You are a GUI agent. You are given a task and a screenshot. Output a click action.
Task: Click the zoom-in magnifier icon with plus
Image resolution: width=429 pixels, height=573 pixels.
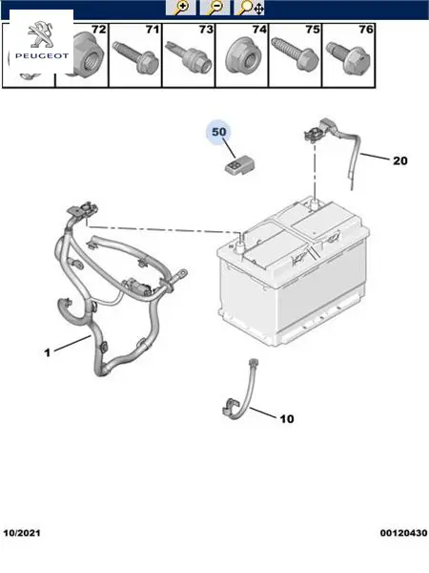pyautogui.click(x=180, y=8)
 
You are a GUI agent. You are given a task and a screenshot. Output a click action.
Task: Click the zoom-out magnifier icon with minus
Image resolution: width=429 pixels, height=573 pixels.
pyautogui.click(x=214, y=8)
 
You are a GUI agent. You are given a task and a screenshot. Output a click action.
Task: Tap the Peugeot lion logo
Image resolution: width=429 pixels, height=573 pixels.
pyautogui.click(x=41, y=35)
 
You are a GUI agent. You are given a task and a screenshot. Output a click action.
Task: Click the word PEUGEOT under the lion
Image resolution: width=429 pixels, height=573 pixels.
pyautogui.click(x=42, y=56)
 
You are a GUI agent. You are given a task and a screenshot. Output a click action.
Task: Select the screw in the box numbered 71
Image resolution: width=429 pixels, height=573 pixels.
pyautogui.click(x=135, y=57)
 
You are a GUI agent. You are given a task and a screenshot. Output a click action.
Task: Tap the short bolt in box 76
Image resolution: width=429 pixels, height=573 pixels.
pyautogui.click(x=348, y=58)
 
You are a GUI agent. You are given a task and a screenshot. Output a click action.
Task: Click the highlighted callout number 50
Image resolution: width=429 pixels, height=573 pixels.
pyautogui.click(x=219, y=132)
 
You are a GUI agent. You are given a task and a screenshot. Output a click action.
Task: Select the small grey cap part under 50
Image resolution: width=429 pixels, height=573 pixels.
pyautogui.click(x=239, y=164)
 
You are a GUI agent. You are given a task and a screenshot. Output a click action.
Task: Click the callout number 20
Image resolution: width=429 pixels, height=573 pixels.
pyautogui.click(x=399, y=160)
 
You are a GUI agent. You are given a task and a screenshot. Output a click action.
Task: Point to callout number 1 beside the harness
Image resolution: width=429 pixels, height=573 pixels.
pyautogui.click(x=47, y=352)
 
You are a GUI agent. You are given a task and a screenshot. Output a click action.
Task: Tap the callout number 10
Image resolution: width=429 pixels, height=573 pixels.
pyautogui.click(x=287, y=419)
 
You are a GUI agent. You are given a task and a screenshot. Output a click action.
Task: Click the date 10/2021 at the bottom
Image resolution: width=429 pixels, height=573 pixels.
pyautogui.click(x=22, y=533)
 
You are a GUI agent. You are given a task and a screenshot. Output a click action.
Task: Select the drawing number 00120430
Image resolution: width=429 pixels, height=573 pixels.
pyautogui.click(x=403, y=533)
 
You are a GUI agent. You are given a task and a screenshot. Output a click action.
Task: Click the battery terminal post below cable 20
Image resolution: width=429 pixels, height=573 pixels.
pyautogui.click(x=315, y=204)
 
